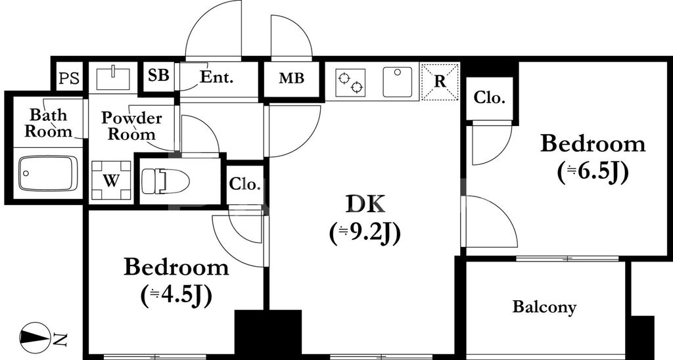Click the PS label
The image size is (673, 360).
(x=68, y=79)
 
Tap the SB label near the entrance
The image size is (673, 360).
(x=158, y=76)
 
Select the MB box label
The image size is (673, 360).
(x=291, y=79)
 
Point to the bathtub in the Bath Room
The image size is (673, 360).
(x=47, y=173)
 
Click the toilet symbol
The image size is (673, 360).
(x=165, y=180)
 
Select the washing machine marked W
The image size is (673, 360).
(x=110, y=180)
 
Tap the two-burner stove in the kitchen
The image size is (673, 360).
(x=350, y=82)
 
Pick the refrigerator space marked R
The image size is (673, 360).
(x=440, y=82)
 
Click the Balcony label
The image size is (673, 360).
(x=544, y=307)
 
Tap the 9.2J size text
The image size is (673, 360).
(x=365, y=232)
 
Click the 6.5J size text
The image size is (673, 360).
(x=593, y=171)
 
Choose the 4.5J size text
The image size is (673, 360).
(x=176, y=295)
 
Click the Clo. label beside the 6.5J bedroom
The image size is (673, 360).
(x=489, y=99)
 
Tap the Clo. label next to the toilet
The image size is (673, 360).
(x=244, y=184)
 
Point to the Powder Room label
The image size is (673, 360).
(x=131, y=126)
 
